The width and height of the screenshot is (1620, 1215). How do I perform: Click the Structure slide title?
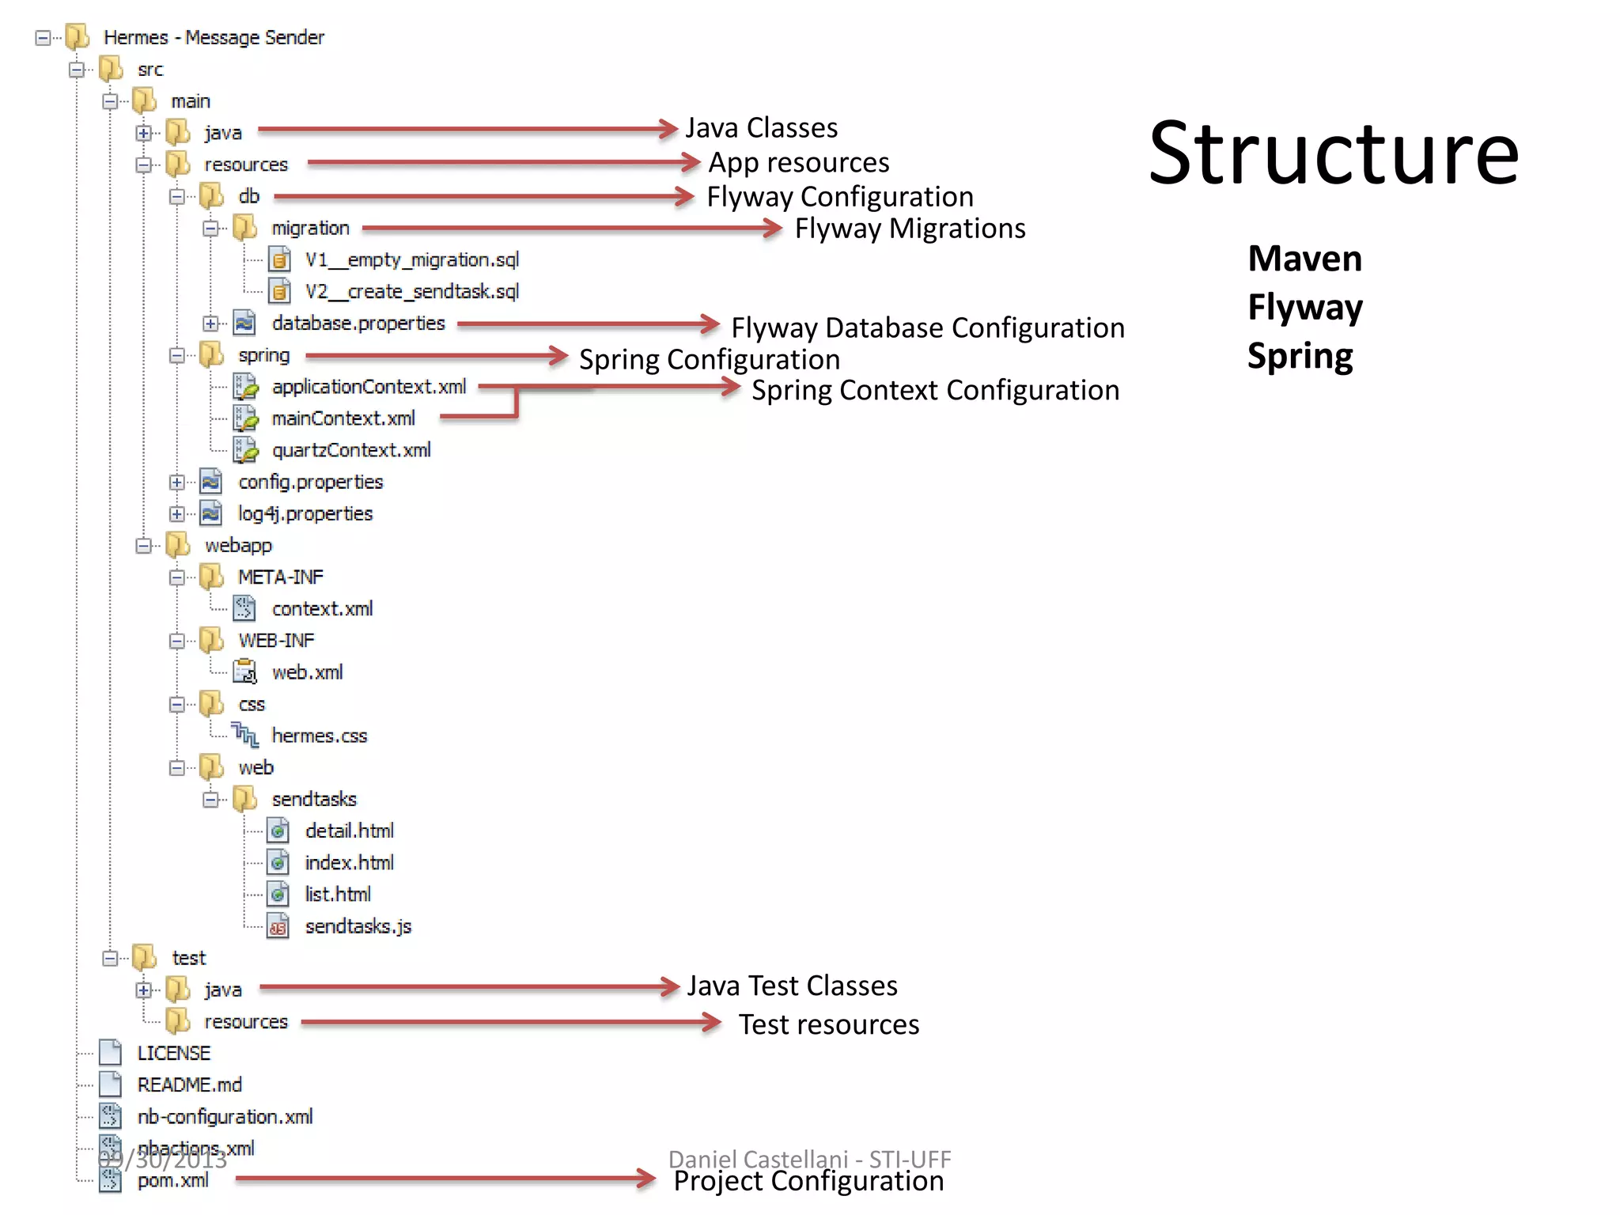1334,153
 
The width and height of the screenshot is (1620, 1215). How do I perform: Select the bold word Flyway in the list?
1305,307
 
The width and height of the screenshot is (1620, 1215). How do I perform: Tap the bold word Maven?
1305,259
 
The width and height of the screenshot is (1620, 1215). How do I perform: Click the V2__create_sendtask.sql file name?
412,292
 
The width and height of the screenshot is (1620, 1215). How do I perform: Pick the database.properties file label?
358,324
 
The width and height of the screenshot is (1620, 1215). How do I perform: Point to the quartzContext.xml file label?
351,450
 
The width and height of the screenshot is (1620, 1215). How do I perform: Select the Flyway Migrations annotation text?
910,229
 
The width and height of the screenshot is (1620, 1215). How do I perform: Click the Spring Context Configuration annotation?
935,391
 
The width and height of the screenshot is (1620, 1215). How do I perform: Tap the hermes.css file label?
320,736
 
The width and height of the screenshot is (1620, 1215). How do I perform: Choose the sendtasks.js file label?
358,926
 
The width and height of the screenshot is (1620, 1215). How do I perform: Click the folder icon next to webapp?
178,545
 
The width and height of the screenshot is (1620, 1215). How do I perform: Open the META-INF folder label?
281,577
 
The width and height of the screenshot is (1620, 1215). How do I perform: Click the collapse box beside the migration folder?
210,229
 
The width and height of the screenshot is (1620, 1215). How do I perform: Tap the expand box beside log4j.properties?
177,514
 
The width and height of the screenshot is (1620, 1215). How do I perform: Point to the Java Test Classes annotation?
792,986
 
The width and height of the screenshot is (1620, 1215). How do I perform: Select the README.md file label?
190,1085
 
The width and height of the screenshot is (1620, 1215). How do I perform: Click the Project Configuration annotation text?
808,1181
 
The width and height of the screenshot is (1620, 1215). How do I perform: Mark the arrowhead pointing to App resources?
691,163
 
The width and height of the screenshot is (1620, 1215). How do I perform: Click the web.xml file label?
308,672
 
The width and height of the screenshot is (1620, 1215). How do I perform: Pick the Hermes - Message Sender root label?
214,37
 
